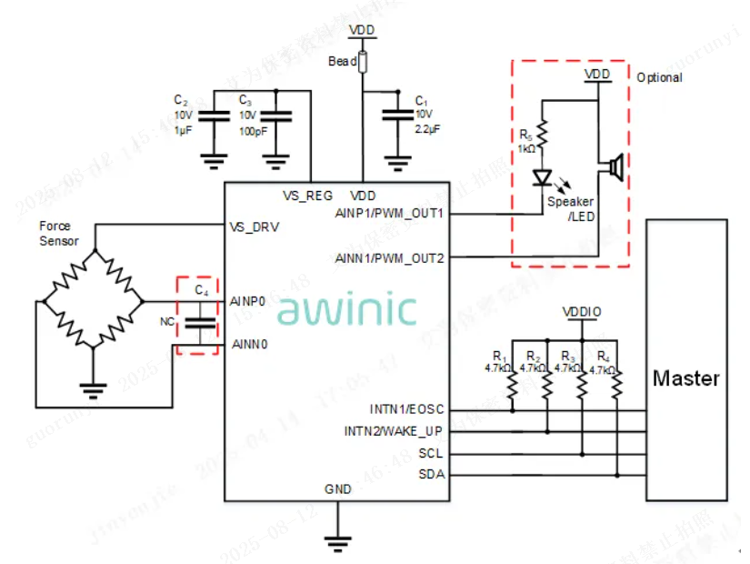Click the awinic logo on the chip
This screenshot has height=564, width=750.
click(346, 309)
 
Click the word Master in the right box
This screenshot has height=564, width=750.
click(686, 378)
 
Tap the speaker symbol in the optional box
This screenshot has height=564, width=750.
click(615, 167)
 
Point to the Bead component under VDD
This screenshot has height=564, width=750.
click(363, 62)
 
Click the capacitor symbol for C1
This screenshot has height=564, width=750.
click(396, 115)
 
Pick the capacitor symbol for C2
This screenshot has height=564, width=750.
click(214, 116)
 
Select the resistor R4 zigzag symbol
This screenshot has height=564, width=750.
click(615, 386)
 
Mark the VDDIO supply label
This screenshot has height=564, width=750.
click(582, 311)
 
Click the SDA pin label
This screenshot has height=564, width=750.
click(431, 474)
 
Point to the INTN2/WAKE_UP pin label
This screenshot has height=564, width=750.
click(393, 430)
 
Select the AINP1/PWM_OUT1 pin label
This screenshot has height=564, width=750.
click(389, 214)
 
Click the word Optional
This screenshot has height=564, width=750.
click(659, 77)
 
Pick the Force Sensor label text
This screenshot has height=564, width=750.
click(59, 234)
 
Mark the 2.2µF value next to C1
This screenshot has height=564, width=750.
click(427, 129)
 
